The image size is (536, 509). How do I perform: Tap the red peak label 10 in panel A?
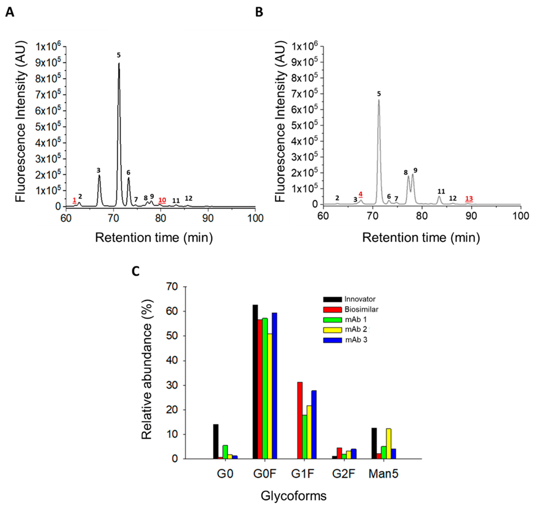pyautogui.click(x=162, y=200)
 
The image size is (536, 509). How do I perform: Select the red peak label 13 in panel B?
pyautogui.click(x=469, y=198)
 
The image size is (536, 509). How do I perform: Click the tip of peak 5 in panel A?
pyautogui.click(x=119, y=64)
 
